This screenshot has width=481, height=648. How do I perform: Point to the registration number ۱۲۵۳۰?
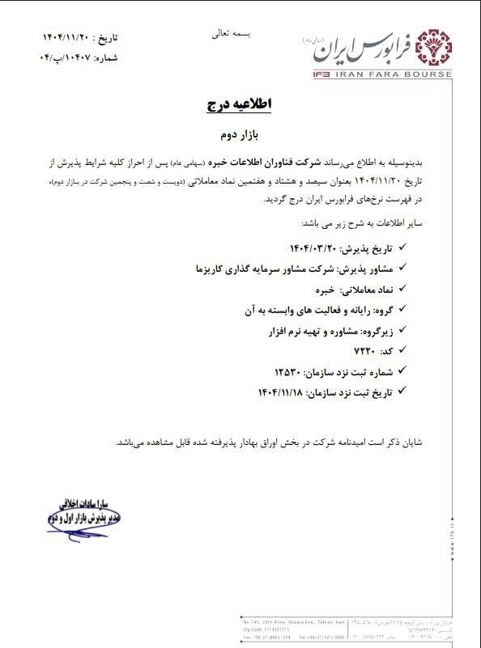point(287,371)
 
